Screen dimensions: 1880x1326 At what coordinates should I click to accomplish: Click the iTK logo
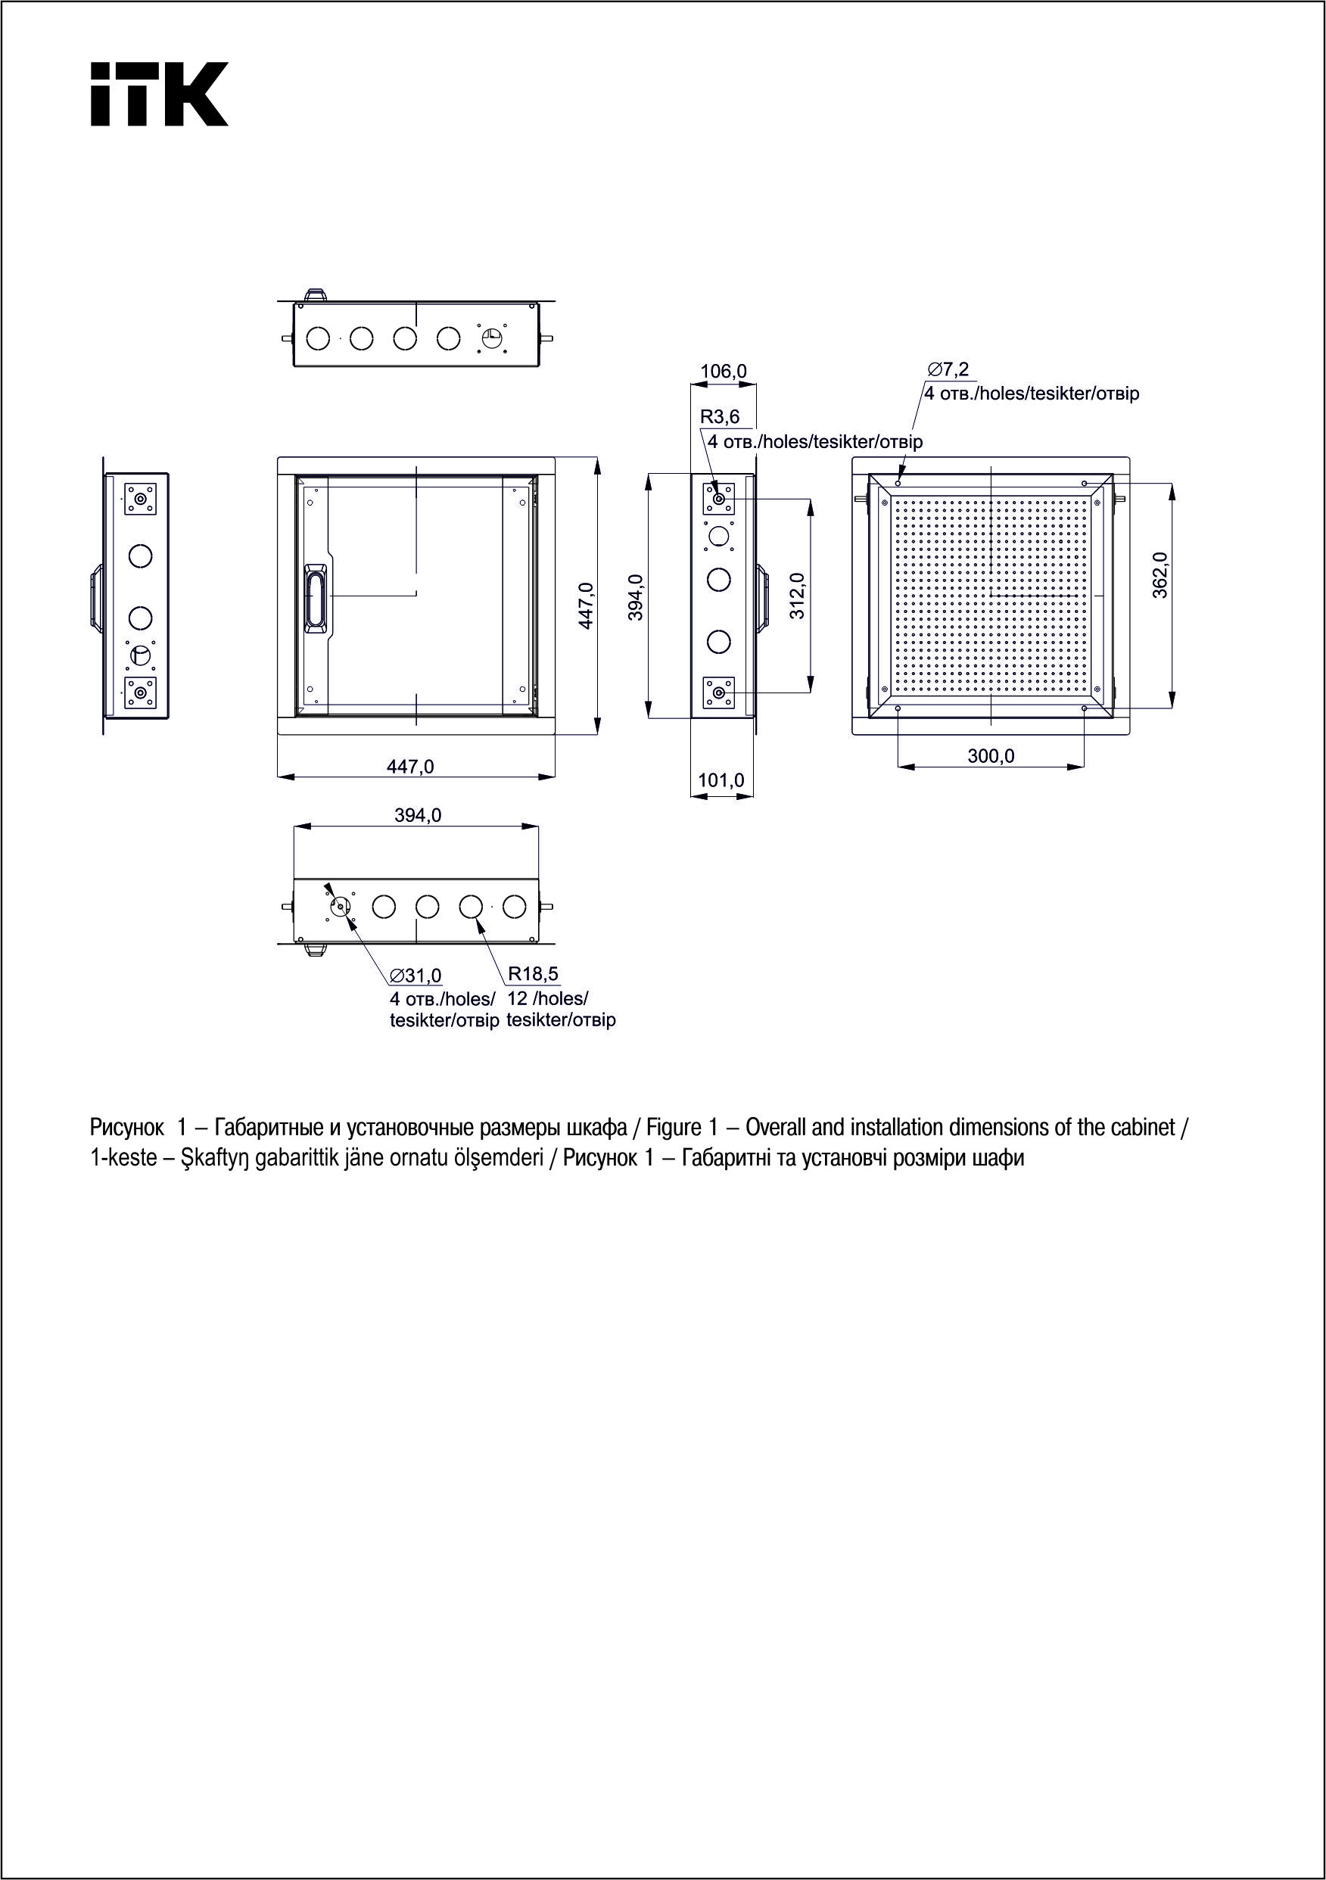click(x=159, y=94)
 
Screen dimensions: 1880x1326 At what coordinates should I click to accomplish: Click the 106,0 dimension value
click(x=722, y=372)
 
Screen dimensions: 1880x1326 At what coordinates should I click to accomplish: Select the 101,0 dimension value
click(x=721, y=780)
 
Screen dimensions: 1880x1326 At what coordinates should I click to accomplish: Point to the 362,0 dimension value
click(x=1159, y=574)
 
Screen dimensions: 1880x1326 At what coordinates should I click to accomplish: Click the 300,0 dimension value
click(x=990, y=756)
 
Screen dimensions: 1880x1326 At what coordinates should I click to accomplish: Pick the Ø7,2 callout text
click(x=948, y=370)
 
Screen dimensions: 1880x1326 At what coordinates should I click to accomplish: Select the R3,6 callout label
click(x=719, y=418)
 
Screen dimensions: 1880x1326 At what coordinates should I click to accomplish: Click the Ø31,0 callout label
click(x=416, y=976)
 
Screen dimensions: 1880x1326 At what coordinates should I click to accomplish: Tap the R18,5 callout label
click(x=533, y=973)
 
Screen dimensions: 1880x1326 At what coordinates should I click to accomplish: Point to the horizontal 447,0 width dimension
click(x=410, y=767)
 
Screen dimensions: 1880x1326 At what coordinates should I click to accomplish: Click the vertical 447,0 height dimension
click(x=586, y=606)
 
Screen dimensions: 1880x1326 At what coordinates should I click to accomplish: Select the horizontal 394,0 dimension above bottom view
click(x=418, y=816)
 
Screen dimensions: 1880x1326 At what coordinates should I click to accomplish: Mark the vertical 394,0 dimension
click(x=636, y=597)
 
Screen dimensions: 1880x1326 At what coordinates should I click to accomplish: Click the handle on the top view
click(x=316, y=292)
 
